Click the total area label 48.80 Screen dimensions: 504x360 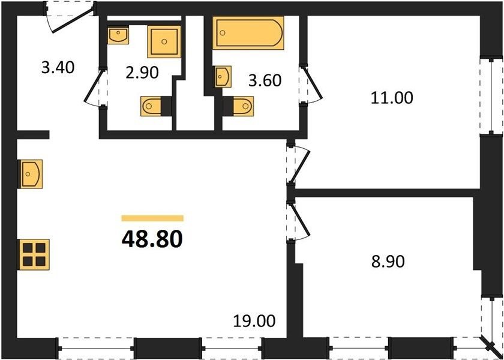tap(152, 239)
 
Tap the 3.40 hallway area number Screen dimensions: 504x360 tap(58, 68)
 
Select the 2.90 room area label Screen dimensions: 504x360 tap(142, 73)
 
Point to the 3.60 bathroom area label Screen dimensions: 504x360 tap(265, 80)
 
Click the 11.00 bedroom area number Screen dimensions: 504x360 tap(391, 98)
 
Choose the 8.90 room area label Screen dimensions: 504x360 tap(388, 262)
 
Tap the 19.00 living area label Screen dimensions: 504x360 tap(254, 321)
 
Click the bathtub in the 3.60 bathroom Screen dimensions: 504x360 tap(248, 33)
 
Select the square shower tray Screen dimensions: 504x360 tap(164, 41)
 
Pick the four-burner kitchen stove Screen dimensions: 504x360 tap(34, 254)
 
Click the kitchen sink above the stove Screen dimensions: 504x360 tap(31, 174)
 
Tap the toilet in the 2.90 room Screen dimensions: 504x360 tap(156, 106)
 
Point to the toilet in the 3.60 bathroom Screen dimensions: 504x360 tap(238, 106)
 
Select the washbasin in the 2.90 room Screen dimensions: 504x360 tap(118, 35)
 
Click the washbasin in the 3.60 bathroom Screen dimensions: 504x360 tap(223, 77)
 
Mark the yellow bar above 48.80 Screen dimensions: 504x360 tap(152, 218)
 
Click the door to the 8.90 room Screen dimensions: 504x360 tap(298, 221)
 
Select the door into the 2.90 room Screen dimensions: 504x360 tap(96, 87)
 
